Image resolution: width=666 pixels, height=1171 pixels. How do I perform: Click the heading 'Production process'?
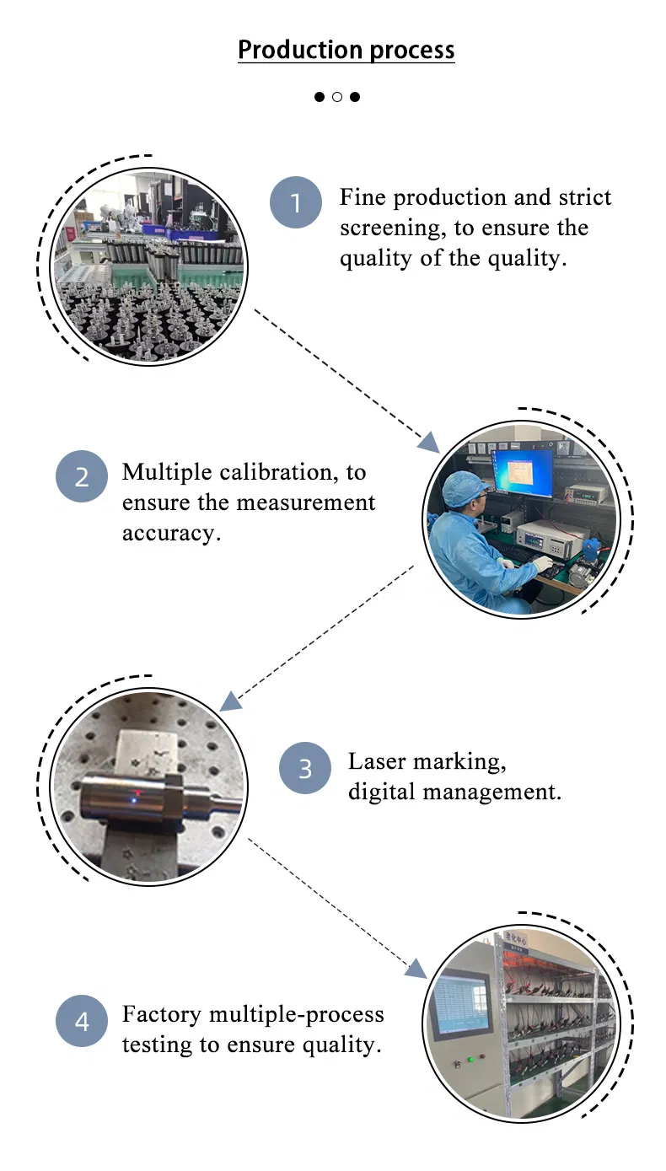[x=346, y=50]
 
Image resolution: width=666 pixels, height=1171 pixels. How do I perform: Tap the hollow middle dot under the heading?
[x=337, y=97]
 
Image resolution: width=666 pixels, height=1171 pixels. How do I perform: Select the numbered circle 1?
[x=296, y=203]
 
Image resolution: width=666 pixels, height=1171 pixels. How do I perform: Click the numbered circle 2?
[x=82, y=477]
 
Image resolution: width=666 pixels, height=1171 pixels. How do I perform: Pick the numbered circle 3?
[x=305, y=768]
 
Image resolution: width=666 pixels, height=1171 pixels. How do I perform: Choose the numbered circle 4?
[x=82, y=1021]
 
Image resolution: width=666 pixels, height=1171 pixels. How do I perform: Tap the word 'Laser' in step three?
[x=376, y=761]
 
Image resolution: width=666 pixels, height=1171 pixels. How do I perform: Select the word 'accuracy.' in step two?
[x=171, y=533]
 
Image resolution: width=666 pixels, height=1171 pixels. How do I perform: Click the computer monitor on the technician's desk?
[x=523, y=474]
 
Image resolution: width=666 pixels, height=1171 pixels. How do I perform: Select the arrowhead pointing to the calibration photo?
[x=428, y=442]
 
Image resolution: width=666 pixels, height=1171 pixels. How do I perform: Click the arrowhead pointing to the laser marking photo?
[x=229, y=701]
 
